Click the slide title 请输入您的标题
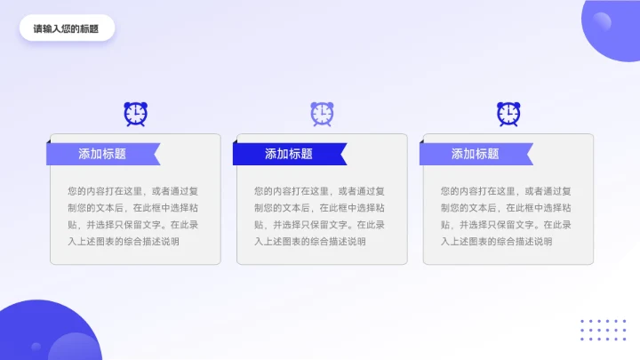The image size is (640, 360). pos(67,28)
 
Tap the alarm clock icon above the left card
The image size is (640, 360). pos(135,113)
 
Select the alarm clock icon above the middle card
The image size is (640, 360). pos(322,113)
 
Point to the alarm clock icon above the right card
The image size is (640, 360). pos(508,113)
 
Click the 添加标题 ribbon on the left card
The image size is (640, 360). pos(102,154)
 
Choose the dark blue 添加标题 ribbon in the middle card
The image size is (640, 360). pos(289,154)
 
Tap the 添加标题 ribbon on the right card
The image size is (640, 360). pos(476,154)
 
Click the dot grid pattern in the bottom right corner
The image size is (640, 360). pos(603,330)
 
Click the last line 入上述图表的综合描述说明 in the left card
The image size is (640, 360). pos(124,241)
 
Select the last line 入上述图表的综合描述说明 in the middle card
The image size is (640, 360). pos(310,241)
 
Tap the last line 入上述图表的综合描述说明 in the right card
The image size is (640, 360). pos(497,241)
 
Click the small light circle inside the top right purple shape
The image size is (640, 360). pos(603,21)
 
